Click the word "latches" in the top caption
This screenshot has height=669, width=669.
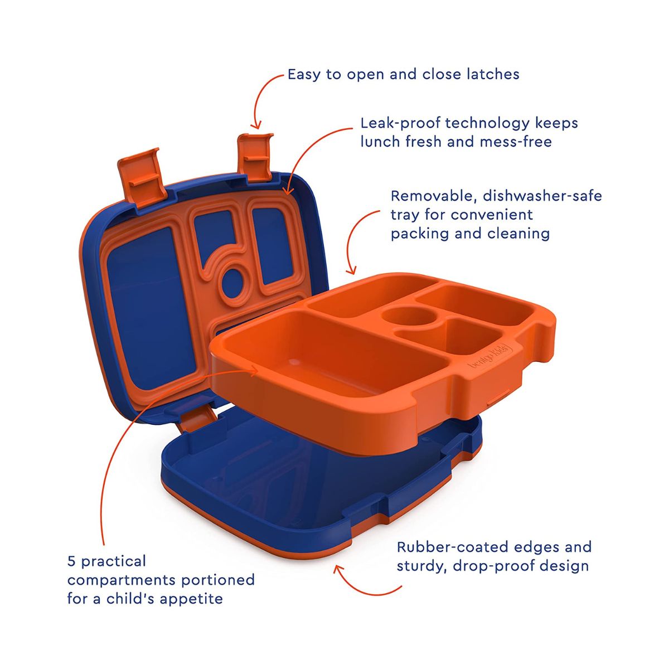click(493, 74)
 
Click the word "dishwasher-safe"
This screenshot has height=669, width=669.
click(542, 196)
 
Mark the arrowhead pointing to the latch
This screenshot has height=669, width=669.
click(256, 125)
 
